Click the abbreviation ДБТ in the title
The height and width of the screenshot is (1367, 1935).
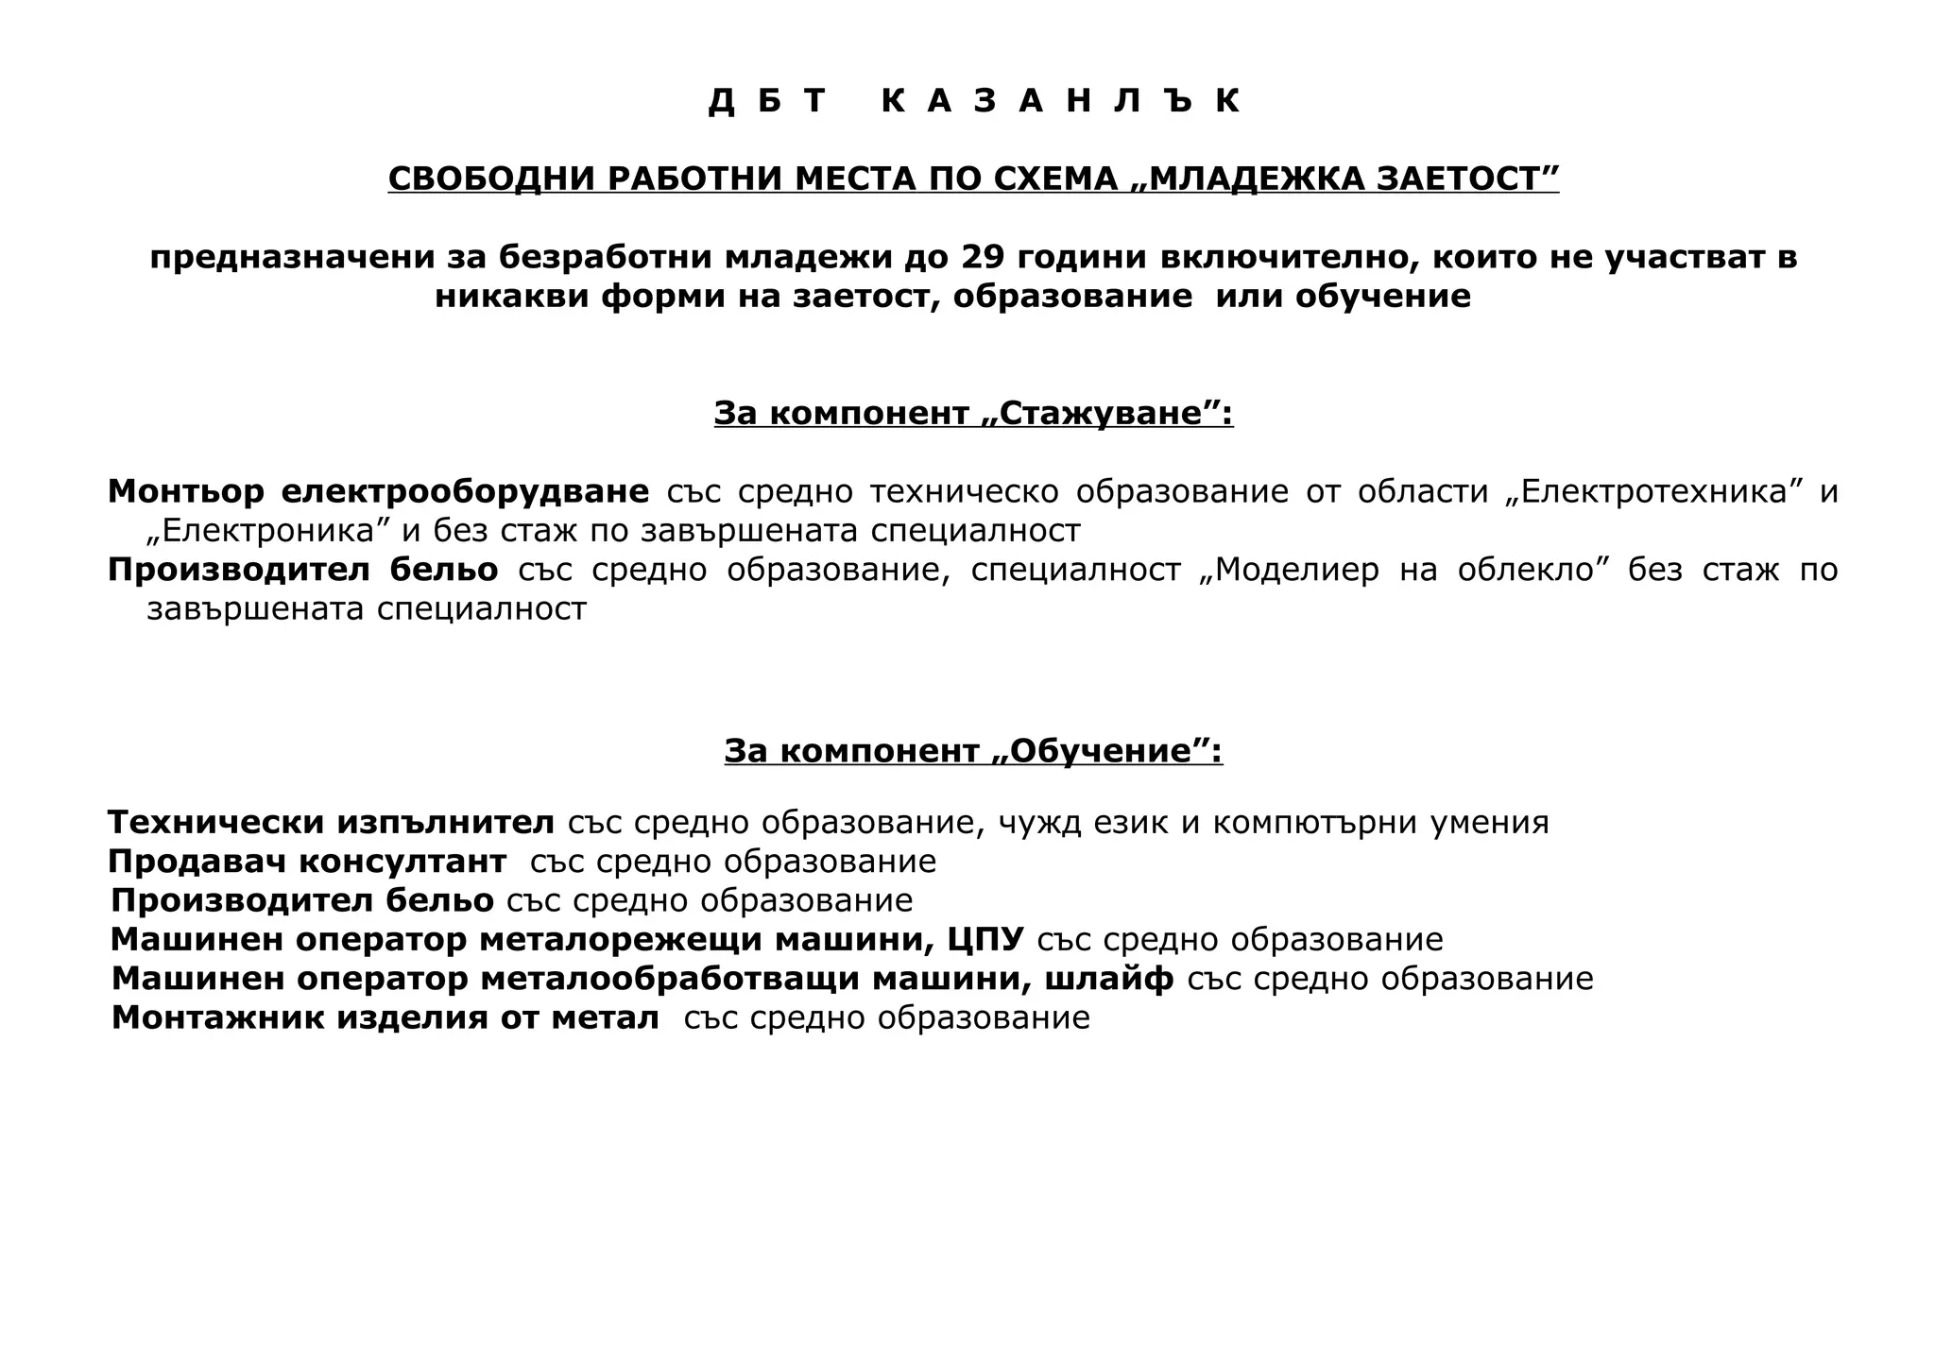[767, 100]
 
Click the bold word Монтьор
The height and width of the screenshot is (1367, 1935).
[186, 491]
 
